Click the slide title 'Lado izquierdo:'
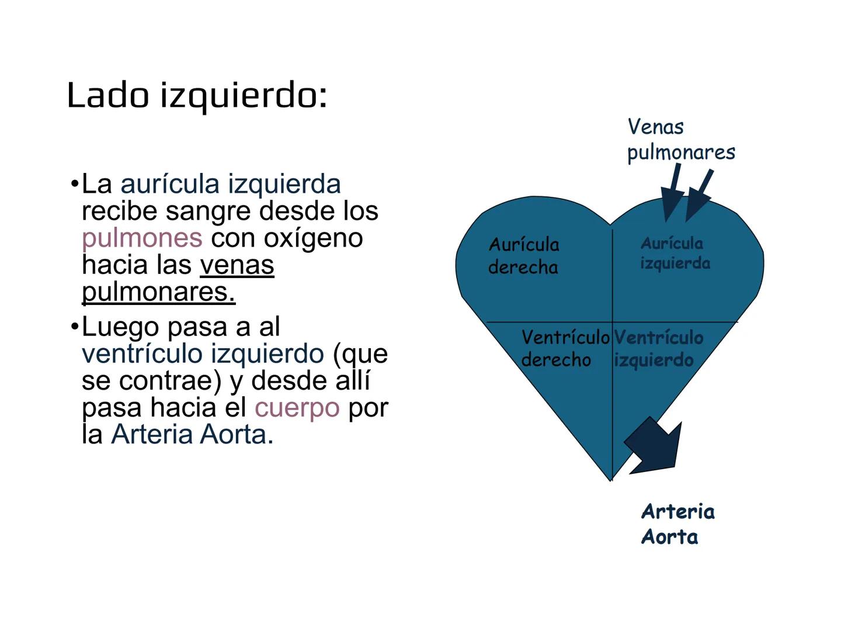(197, 95)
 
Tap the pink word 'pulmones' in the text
(142, 238)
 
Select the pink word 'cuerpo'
(297, 407)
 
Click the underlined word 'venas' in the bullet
(237, 265)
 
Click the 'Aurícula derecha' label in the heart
(523, 255)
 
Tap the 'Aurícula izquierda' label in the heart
(675, 253)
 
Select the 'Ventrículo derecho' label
(564, 348)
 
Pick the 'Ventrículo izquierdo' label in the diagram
(658, 348)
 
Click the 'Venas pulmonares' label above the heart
(680, 139)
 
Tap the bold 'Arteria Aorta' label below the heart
(677, 524)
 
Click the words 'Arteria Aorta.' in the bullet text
(192, 434)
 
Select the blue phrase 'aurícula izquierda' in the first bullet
(230, 184)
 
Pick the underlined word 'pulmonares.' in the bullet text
(158, 292)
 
